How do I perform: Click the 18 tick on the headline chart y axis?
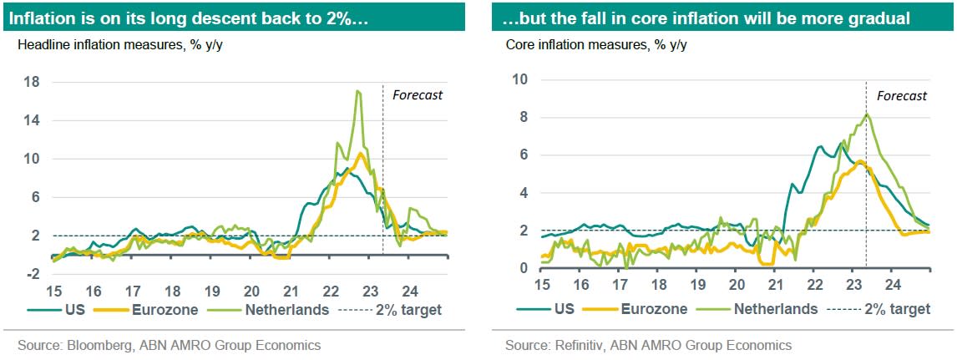click(33, 82)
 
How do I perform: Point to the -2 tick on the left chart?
click(33, 274)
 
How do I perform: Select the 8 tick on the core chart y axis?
click(524, 117)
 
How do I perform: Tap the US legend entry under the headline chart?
click(60, 310)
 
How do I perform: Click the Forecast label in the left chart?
click(418, 94)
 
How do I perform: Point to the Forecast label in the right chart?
click(902, 95)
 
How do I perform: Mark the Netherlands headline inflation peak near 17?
click(358, 91)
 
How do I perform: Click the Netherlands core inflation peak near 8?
click(866, 114)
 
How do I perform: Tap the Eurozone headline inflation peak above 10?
click(360, 154)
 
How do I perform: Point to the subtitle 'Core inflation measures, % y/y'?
click(596, 44)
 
